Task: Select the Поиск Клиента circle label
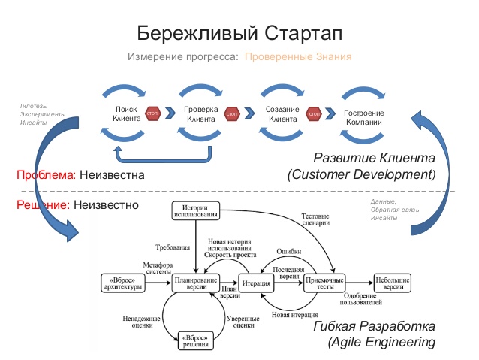(x=125, y=113)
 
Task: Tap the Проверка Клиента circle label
(x=201, y=113)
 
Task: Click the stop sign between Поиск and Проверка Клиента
(x=154, y=113)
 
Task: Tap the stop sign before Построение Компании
(x=314, y=113)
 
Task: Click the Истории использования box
(x=195, y=211)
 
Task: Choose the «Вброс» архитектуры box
(x=122, y=284)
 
